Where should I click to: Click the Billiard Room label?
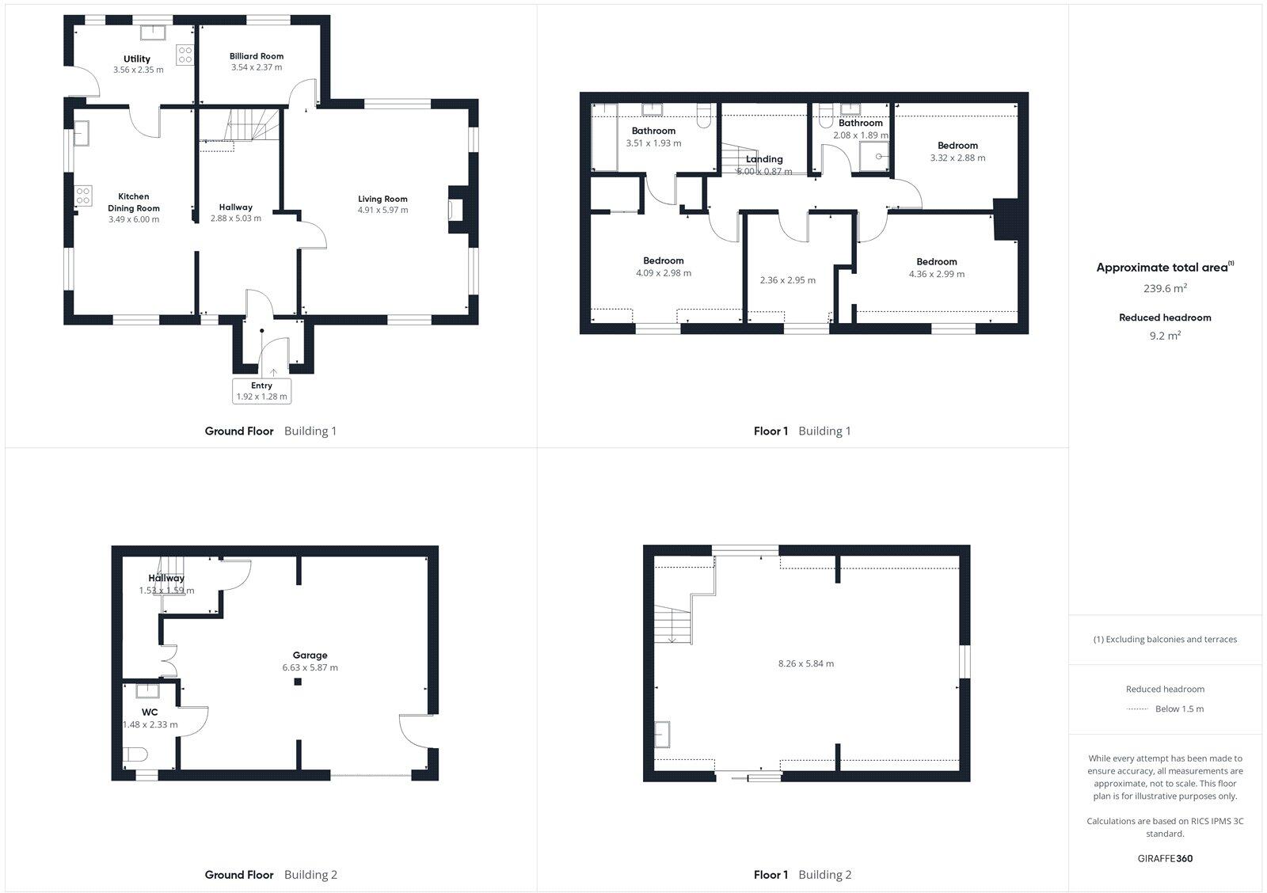(x=256, y=56)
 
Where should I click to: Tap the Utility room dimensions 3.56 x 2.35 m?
(x=138, y=70)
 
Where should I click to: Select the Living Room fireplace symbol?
(x=457, y=210)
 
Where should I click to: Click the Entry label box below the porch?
(x=261, y=391)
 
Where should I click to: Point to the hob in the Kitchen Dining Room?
(x=83, y=195)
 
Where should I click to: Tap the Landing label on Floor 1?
(x=764, y=159)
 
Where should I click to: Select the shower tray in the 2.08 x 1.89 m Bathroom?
(x=879, y=157)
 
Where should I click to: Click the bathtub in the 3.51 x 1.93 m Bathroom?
(x=603, y=137)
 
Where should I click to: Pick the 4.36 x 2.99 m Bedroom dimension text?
(x=937, y=274)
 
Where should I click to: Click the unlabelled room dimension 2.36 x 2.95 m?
(x=787, y=280)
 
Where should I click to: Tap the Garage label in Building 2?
(x=310, y=655)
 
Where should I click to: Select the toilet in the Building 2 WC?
(x=135, y=754)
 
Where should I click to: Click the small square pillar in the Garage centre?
(x=298, y=682)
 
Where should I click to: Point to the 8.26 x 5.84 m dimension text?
(x=805, y=663)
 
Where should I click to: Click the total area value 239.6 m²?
(x=1165, y=289)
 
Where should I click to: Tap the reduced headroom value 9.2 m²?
(x=1165, y=336)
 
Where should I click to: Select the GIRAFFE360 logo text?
(x=1165, y=858)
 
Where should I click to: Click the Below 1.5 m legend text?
(x=1179, y=709)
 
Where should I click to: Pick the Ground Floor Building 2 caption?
(x=271, y=875)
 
